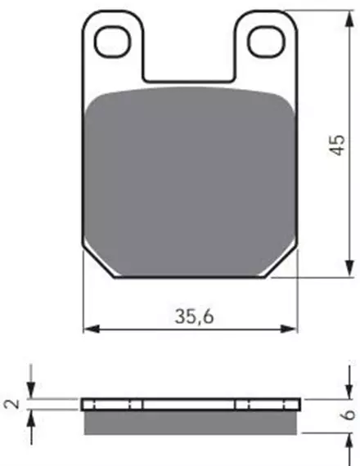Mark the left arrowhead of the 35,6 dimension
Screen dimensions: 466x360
point(90,329)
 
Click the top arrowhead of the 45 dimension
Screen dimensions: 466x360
point(341,16)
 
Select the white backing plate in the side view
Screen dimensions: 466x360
point(191,405)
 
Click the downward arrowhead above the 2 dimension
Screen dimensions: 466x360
point(30,393)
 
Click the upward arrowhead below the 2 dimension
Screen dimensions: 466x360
point(30,415)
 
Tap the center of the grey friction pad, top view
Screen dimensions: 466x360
point(191,180)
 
